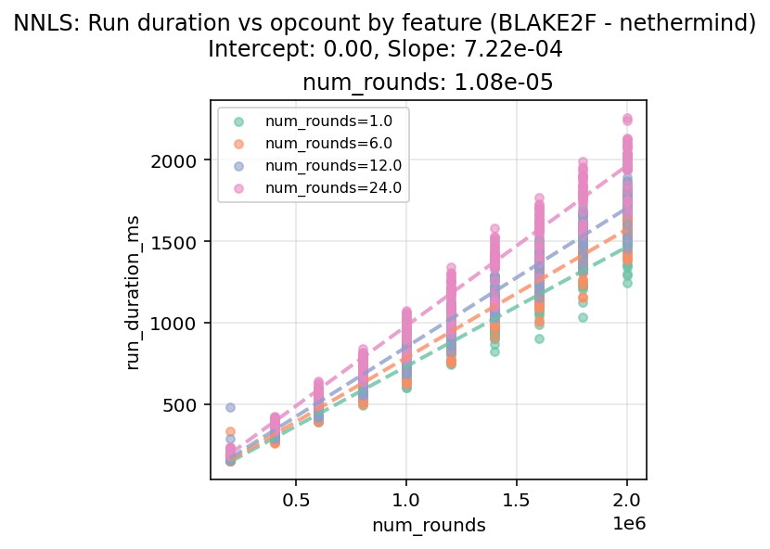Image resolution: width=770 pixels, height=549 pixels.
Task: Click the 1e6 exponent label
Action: point(628,524)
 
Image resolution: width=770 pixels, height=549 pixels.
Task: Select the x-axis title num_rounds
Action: point(429,526)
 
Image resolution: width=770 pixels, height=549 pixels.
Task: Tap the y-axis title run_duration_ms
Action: point(134,290)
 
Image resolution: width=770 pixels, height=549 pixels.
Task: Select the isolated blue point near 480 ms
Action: point(230,407)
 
